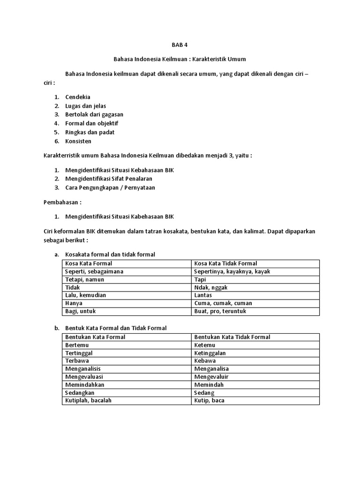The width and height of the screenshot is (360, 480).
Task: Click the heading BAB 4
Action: click(x=180, y=45)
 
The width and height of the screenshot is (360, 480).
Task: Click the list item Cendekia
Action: click(x=78, y=97)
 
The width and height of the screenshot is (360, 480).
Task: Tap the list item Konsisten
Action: click(x=78, y=141)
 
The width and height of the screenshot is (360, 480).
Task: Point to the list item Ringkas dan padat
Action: click(x=90, y=132)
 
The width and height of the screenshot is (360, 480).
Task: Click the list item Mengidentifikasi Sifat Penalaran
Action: click(x=109, y=179)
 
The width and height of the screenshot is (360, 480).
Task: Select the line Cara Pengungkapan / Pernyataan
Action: click(x=110, y=187)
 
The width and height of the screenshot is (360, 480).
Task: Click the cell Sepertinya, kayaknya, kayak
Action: click(x=232, y=271)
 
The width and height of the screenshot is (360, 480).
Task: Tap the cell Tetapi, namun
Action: click(x=85, y=279)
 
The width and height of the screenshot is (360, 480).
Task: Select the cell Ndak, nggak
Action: click(x=211, y=287)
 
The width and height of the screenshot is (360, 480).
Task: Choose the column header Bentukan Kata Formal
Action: click(x=95, y=337)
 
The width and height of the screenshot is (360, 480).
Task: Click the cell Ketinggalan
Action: click(x=210, y=353)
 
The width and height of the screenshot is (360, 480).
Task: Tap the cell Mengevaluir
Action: click(x=211, y=377)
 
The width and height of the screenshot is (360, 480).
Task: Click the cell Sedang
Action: click(x=204, y=393)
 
